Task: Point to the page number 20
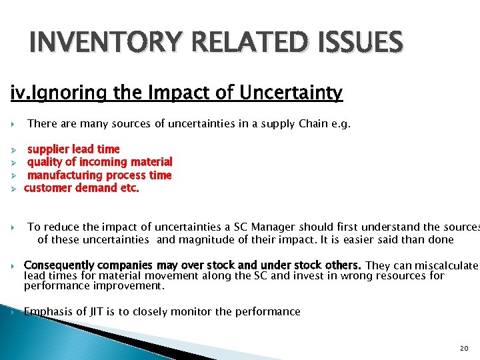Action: pyautogui.click(x=464, y=349)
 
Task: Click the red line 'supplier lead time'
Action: pyautogui.click(x=73, y=149)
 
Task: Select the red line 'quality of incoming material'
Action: pyautogui.click(x=99, y=162)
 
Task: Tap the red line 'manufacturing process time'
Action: pyautogui.click(x=99, y=175)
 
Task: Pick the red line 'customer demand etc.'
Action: pyautogui.click(x=81, y=188)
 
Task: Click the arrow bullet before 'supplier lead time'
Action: pyautogui.click(x=13, y=150)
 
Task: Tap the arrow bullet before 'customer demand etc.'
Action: pyautogui.click(x=13, y=189)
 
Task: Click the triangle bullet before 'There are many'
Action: pyautogui.click(x=13, y=125)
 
